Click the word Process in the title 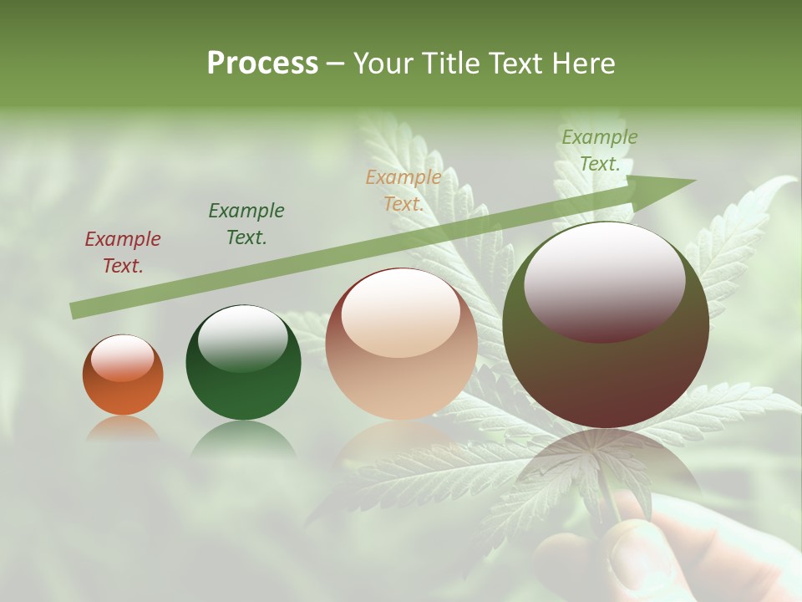coord(262,64)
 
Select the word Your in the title coord(383,64)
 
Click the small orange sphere coord(123,375)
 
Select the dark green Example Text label coord(246,224)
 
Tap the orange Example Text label coord(404,191)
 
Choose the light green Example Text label coord(600,150)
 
